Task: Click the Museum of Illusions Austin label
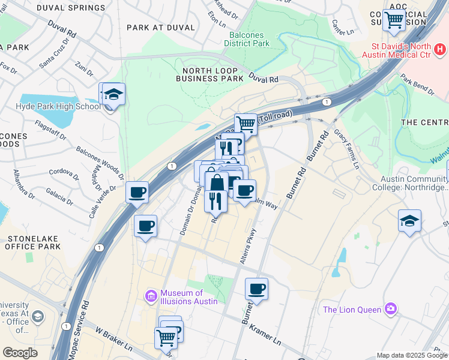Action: click(x=188, y=296)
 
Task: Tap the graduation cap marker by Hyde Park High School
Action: click(x=113, y=94)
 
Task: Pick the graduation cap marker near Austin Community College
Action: click(x=409, y=221)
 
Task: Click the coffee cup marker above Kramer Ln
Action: click(x=256, y=289)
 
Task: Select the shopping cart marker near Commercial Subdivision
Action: click(x=394, y=19)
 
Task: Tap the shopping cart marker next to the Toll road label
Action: click(x=246, y=124)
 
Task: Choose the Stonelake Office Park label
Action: click(x=34, y=242)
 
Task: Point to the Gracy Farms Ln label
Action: click(x=347, y=148)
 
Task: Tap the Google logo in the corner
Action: click(x=20, y=353)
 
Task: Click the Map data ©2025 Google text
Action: click(x=411, y=355)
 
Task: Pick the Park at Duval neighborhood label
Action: click(x=161, y=28)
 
